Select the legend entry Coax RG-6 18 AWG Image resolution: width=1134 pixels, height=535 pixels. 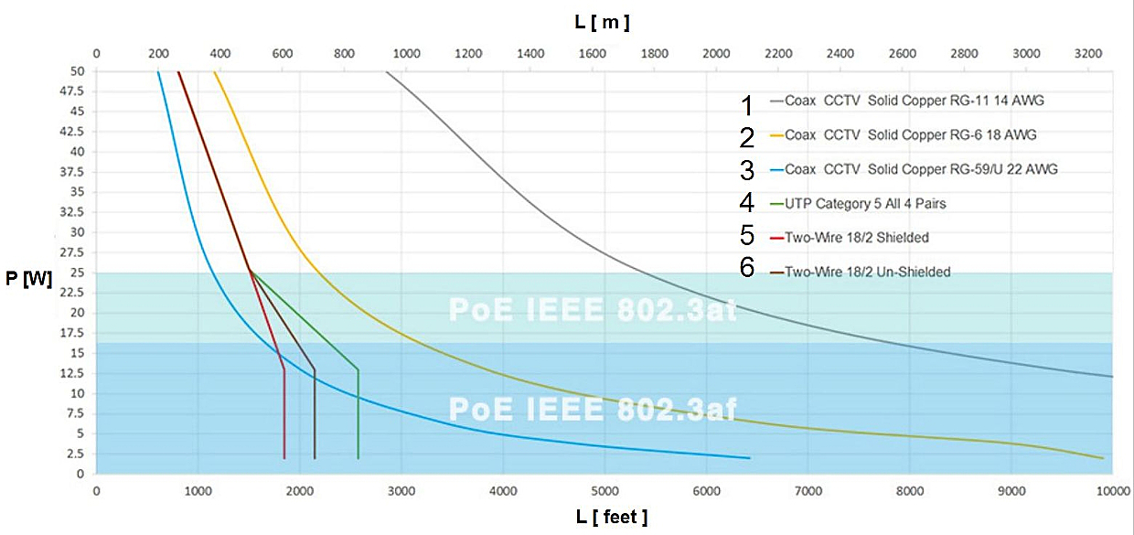[x=910, y=134]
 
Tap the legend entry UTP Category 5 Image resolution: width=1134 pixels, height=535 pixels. [x=865, y=203]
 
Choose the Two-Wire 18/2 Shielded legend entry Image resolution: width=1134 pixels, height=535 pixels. [x=856, y=237]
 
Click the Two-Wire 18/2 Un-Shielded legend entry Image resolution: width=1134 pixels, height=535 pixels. [x=867, y=271]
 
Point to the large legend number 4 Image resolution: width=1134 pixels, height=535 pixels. [x=747, y=203]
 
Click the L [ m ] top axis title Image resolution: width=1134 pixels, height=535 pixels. [x=602, y=22]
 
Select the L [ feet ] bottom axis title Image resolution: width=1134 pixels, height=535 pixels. [x=612, y=518]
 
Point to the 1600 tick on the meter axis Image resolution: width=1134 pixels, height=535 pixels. [x=593, y=53]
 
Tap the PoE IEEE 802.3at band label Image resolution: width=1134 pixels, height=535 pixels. [x=593, y=309]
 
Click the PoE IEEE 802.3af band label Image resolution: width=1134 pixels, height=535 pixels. [x=593, y=408]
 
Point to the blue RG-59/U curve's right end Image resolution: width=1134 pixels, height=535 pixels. [x=749, y=457]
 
